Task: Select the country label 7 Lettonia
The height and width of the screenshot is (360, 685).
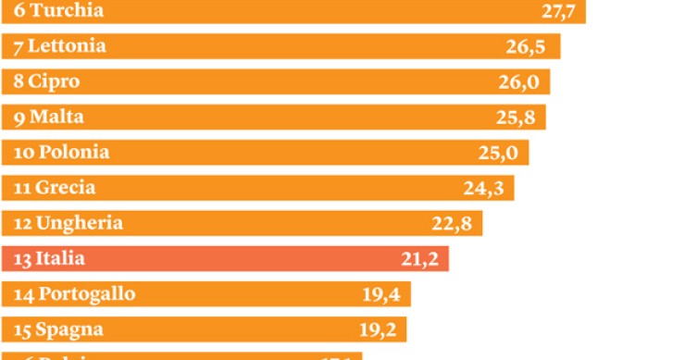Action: pos(59,46)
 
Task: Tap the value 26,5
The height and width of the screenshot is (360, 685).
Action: pos(525,47)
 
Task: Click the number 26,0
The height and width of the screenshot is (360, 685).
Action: pos(518,82)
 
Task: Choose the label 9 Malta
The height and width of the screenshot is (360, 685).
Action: pos(47,118)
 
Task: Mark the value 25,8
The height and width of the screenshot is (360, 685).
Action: pos(513,118)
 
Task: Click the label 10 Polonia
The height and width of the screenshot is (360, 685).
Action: pos(61,153)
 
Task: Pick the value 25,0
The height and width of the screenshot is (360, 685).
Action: pos(498,153)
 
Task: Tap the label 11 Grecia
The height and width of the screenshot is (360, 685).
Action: pos(55,188)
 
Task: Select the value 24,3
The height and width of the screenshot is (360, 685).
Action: pos(482,189)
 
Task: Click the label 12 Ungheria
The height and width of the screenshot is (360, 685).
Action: pos(68,223)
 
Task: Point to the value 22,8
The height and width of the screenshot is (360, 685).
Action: pos(452,224)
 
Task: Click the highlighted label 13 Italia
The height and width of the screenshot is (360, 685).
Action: pos(49,259)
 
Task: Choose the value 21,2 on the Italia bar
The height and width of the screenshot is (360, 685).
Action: pos(419,259)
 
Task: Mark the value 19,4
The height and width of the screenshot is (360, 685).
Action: pos(380,295)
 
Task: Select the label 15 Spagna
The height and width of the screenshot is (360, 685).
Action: pos(57,329)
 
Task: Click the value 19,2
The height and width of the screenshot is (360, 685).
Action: pos(378,330)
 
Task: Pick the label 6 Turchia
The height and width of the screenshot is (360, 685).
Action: pos(58,11)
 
